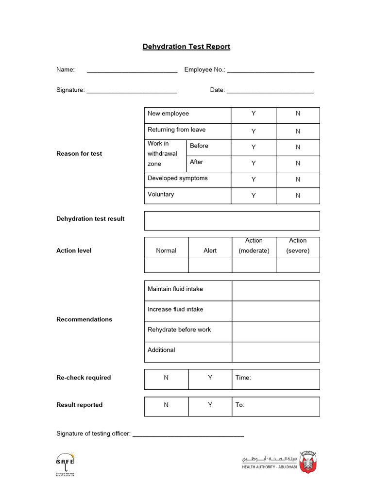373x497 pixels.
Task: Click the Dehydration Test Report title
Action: [x=186, y=47]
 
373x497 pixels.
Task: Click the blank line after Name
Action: [x=132, y=71]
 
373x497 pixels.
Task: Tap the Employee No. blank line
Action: [x=271, y=71]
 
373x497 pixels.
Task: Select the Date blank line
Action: [x=270, y=91]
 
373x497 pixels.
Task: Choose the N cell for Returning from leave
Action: [x=298, y=132]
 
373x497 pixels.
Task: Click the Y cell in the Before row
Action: [x=254, y=148]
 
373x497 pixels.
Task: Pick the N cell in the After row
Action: [x=298, y=164]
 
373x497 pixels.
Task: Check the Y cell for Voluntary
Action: [x=254, y=196]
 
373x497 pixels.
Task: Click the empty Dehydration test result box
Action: [x=232, y=220]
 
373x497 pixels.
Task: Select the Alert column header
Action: [x=210, y=250]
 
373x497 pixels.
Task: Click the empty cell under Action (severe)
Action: [x=298, y=265]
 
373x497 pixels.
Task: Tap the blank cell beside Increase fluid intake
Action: [x=275, y=311]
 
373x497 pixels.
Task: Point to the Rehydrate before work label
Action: [x=179, y=330]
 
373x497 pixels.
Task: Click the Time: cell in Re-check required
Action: [x=275, y=379]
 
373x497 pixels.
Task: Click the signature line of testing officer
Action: [x=188, y=435]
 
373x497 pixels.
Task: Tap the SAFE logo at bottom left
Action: [x=66, y=464]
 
